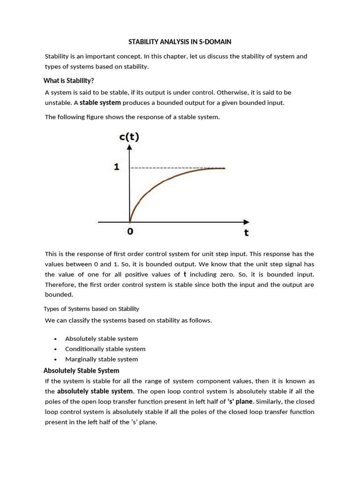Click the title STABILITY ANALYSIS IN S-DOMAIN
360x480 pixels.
180,42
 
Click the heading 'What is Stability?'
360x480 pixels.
69,80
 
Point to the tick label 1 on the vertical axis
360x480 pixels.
117,167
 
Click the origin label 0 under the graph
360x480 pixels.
130,231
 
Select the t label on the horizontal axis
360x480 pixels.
246,232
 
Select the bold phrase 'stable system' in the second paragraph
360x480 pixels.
100,103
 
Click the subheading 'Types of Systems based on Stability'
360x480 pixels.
91,308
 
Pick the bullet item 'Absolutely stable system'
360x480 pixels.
101,338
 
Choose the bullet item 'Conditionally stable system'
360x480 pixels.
105,349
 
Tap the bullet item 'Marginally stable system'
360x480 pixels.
101,359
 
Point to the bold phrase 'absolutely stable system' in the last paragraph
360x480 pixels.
95,391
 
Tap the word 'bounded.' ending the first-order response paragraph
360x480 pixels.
59,295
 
